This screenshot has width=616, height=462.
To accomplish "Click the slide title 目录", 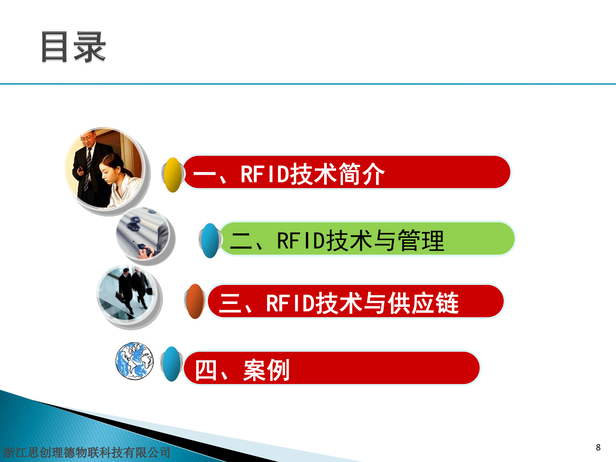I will (73, 47).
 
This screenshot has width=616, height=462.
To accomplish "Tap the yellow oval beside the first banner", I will (172, 175).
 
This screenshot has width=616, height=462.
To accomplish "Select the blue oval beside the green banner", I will (210, 241).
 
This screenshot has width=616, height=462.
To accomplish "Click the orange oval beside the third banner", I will (195, 301).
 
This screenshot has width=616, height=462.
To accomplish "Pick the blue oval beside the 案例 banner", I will (172, 364).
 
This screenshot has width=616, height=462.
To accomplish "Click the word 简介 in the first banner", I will (361, 174).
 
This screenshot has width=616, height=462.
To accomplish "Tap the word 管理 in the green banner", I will (421, 241).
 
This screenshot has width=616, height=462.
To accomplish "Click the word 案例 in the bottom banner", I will (266, 370).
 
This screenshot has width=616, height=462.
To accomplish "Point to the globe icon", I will (134, 361).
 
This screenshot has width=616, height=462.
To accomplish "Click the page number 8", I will (598, 447).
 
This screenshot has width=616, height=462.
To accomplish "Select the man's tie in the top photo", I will (88, 163).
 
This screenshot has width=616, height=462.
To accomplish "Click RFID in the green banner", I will (300, 241).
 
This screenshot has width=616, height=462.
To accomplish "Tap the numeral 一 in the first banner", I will (205, 174).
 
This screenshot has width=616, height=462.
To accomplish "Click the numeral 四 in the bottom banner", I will (205, 370).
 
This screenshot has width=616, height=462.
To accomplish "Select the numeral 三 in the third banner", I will (231, 303).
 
